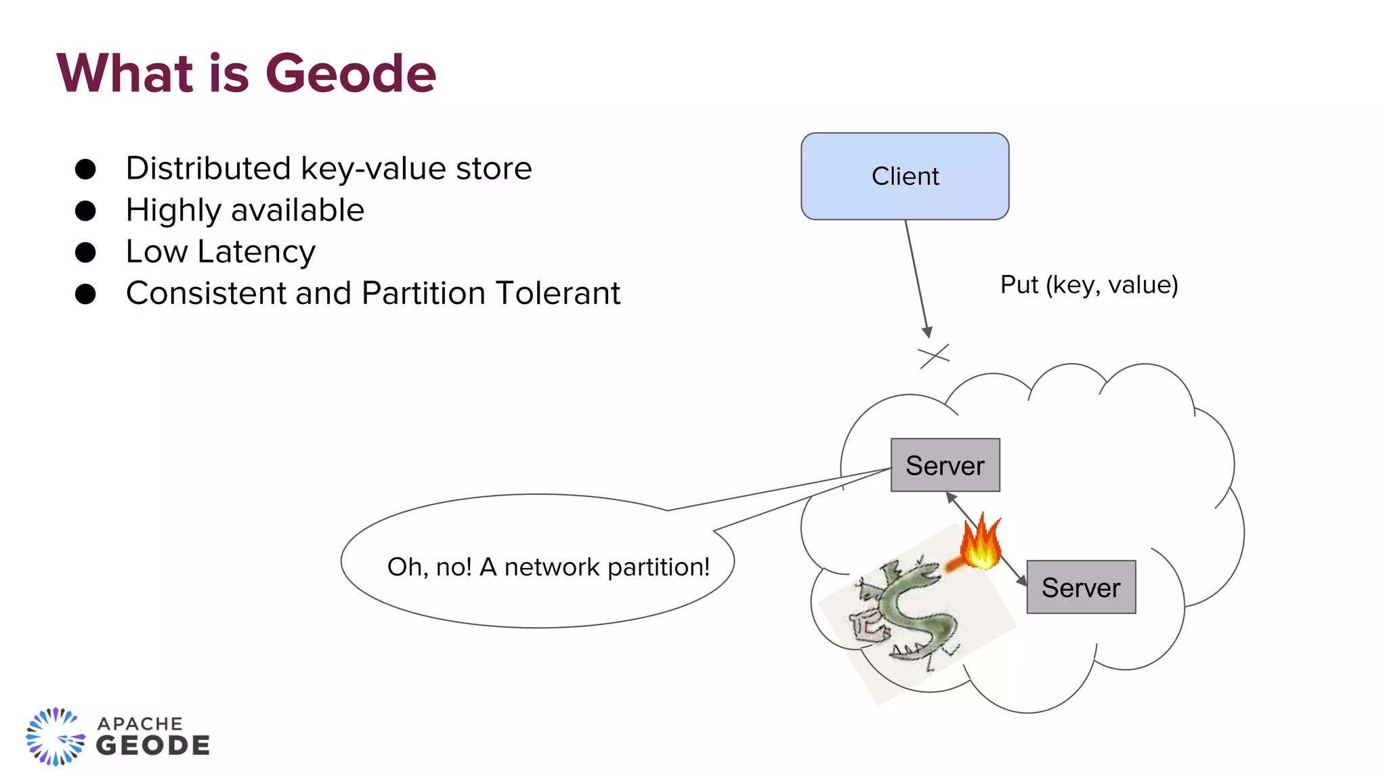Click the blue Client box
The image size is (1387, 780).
pos(905,176)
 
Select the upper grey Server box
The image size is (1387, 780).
pos(945,465)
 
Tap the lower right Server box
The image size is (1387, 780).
pos(1081,587)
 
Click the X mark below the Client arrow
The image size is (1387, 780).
pos(934,355)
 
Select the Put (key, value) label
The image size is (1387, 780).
pos(1089,285)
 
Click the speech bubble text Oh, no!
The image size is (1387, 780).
pos(429,567)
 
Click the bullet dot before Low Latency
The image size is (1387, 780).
pos(85,253)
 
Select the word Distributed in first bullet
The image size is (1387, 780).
pos(209,169)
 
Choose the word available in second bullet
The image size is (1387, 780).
pos(297,211)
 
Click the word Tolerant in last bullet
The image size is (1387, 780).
pos(557,293)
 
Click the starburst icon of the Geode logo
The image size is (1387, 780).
pos(55,737)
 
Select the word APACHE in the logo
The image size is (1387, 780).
pos(140,724)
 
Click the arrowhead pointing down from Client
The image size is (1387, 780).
pos(928,332)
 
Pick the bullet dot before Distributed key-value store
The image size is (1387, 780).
pos(85,169)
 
